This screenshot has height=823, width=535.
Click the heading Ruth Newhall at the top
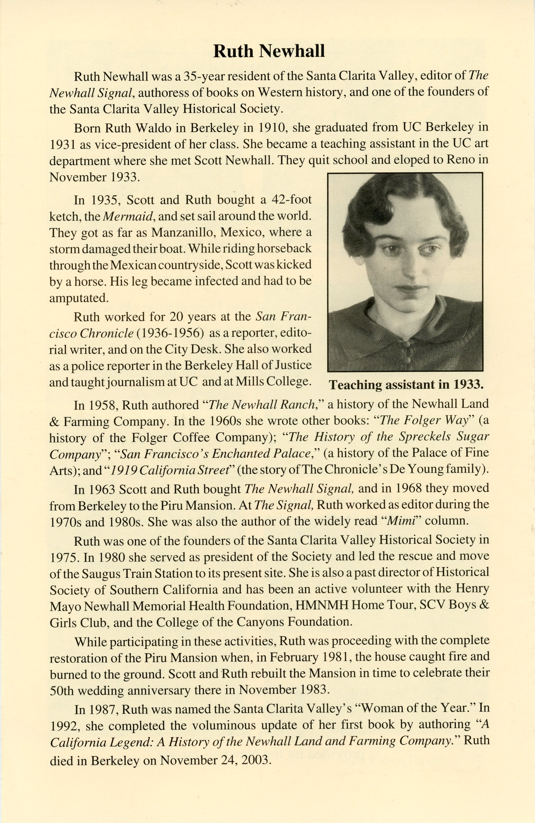pyautogui.click(x=269, y=52)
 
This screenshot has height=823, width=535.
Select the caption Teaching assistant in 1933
pyautogui.click(x=406, y=385)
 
